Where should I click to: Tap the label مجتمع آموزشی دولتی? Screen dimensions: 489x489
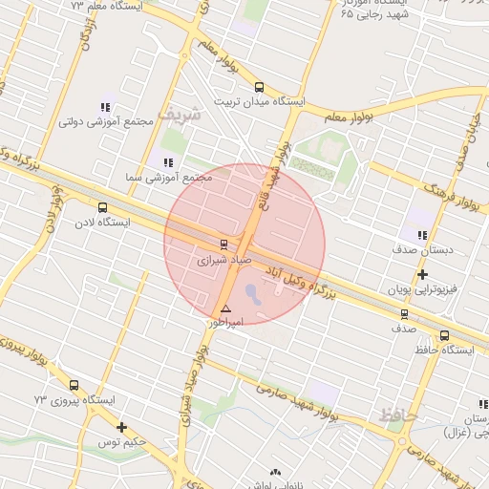(96, 121)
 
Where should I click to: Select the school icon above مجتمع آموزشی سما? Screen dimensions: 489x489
(169, 162)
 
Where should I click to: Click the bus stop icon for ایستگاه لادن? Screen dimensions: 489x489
(102, 207)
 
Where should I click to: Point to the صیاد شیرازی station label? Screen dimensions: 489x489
(220, 259)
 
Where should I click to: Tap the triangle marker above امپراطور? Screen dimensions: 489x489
(226, 308)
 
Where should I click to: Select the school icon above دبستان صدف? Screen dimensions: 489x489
(422, 235)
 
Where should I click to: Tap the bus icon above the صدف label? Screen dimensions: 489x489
(404, 313)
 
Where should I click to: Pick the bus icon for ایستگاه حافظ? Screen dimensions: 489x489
(444, 335)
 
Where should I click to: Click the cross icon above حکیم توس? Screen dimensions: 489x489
(121, 427)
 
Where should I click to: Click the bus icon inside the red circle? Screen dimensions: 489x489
(223, 244)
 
